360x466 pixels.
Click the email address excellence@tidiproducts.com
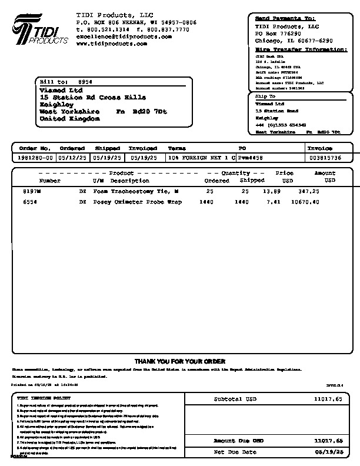pos(124,36)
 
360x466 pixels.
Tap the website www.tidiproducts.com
pos(111,44)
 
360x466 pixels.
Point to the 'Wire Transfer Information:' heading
pos(301,49)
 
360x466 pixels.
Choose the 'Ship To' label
pos(265,96)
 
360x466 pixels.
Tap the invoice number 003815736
pos(325,158)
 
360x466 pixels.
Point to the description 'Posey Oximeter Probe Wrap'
pos(138,202)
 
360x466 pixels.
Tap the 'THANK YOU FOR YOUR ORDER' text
pos(180,361)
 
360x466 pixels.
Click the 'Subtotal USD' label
pos(235,399)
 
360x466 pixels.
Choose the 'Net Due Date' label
pos(235,452)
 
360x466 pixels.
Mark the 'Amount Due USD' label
pos(238,440)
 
